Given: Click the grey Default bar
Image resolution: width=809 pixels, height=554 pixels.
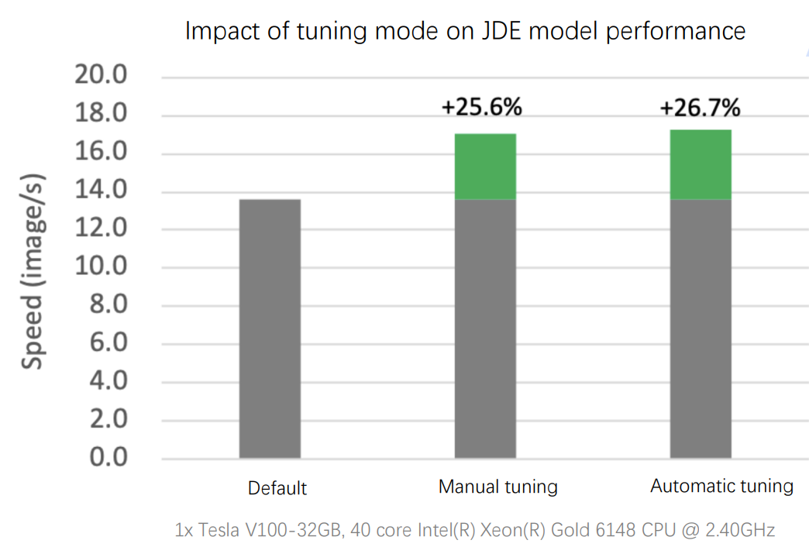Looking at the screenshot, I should click(270, 329).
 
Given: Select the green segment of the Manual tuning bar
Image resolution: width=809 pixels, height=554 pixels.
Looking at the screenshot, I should click(485, 167).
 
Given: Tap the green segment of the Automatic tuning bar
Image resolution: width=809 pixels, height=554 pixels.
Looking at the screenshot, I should click(701, 164).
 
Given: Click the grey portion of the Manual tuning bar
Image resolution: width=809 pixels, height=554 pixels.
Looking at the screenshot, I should click(485, 329).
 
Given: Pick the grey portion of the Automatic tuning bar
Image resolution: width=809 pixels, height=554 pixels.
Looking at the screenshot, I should click(701, 329).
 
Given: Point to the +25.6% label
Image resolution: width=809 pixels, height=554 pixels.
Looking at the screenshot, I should click(481, 107).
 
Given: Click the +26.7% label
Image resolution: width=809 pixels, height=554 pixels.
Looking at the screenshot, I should click(700, 107).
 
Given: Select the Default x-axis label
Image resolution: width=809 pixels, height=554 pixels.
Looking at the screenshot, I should click(277, 488).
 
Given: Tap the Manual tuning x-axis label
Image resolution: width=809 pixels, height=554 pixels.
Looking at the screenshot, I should click(497, 487).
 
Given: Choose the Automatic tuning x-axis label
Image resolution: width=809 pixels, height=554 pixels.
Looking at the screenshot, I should click(721, 486).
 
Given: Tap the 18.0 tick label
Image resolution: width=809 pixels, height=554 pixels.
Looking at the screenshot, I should click(100, 115).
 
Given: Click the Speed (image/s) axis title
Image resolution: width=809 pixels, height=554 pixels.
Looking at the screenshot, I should click(32, 273).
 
